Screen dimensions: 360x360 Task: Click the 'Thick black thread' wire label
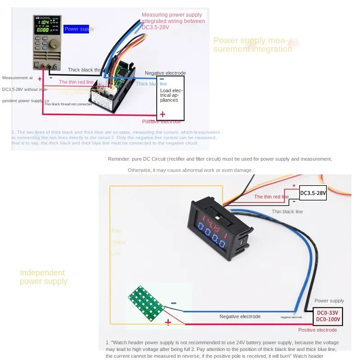(x=86, y=70)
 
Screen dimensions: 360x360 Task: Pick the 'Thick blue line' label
(x=151, y=84)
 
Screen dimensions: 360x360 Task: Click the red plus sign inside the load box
(x=162, y=114)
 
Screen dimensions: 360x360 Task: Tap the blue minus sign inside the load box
(x=162, y=80)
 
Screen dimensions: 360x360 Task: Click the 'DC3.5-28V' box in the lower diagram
(x=313, y=193)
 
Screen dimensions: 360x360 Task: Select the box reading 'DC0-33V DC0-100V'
(x=328, y=316)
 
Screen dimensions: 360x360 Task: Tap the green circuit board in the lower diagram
(x=144, y=304)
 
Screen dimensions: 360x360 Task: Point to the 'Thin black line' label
(x=287, y=211)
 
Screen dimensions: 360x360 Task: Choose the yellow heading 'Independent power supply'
(x=43, y=277)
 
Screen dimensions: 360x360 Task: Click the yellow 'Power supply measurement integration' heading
(x=252, y=45)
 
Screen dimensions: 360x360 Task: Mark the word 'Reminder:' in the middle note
(x=119, y=159)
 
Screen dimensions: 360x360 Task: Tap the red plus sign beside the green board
(x=168, y=322)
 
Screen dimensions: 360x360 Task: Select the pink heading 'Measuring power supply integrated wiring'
(x=173, y=18)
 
